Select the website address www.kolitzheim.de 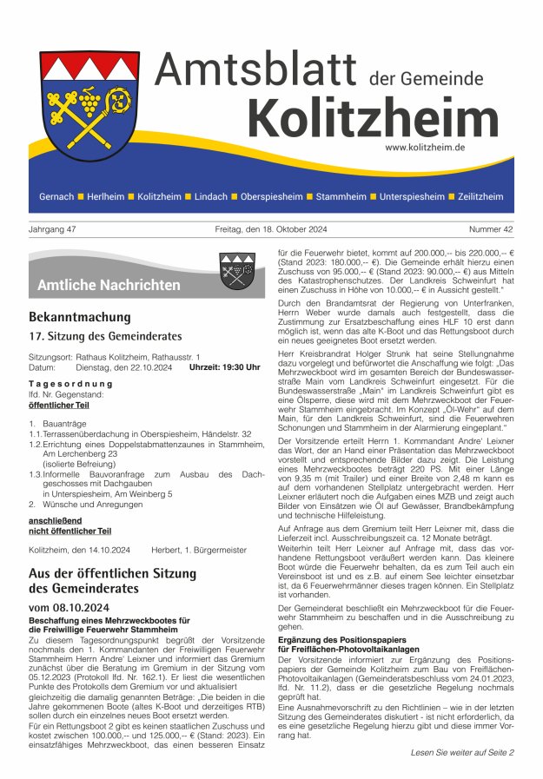pos(425,148)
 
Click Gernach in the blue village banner pos(56,197)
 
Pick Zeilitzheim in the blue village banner pos(480,197)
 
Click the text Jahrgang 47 pos(53,229)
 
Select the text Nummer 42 pos(491,229)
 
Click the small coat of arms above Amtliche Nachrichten pos(236,270)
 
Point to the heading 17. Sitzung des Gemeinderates pos(105,336)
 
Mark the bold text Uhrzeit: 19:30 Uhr pos(225,367)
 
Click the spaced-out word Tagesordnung pos(65,383)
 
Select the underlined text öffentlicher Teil pos(59,405)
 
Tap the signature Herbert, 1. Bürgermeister pos(199,550)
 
